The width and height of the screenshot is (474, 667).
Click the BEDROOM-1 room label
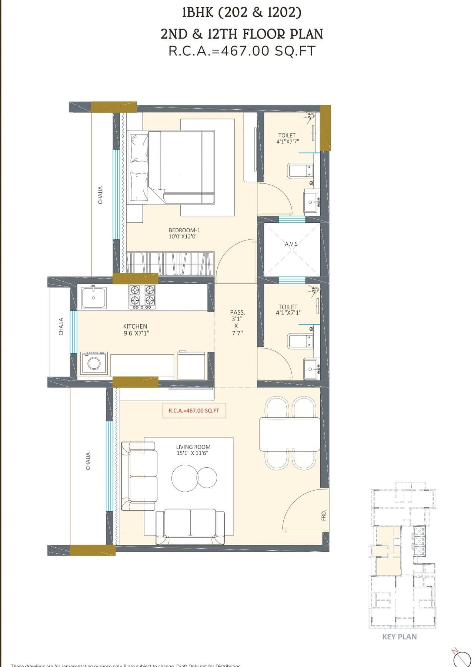184,230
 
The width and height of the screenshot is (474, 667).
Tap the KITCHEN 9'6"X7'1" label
136,329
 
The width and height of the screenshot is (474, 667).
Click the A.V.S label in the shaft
291,244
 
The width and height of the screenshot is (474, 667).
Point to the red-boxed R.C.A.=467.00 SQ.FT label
194,411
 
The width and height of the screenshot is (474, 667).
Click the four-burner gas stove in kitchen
142,296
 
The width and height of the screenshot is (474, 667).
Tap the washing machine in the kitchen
94,363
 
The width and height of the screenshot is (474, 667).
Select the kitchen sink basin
94,298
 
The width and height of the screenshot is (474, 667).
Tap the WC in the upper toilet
300,171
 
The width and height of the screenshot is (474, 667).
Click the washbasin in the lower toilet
310,369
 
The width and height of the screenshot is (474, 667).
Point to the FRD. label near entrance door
323,515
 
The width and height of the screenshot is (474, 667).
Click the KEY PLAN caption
399,637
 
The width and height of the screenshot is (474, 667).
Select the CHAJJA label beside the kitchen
61,326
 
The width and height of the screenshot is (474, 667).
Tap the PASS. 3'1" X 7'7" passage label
237,322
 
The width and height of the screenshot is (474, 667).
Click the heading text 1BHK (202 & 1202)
241,13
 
